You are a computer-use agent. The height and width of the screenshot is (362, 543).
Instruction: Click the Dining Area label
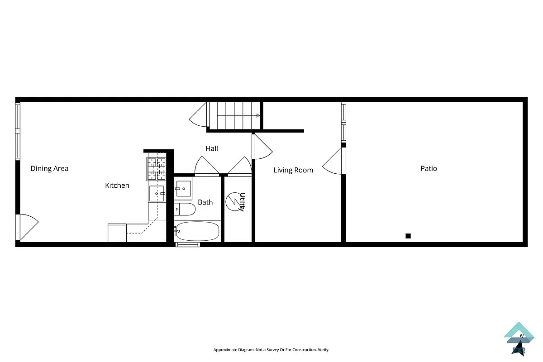(49, 169)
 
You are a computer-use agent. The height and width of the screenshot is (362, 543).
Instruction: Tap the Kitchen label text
(117, 186)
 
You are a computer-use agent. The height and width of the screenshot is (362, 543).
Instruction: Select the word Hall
(212, 148)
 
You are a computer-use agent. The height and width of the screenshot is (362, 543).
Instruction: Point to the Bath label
(205, 202)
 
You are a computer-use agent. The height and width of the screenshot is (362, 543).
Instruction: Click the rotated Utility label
(243, 202)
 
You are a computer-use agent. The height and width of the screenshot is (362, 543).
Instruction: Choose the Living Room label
(293, 170)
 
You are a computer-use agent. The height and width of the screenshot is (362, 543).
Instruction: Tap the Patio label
(429, 168)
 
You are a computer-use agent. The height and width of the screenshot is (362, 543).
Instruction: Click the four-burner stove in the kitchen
(157, 169)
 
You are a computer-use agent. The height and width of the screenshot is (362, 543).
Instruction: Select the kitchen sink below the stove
(157, 193)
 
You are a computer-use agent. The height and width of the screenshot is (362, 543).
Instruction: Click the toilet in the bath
(186, 209)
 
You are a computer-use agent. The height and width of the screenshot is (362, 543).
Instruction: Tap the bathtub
(197, 231)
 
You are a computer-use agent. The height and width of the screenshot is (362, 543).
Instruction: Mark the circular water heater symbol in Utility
(234, 201)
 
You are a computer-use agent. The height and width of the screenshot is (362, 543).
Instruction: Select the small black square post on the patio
(408, 236)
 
